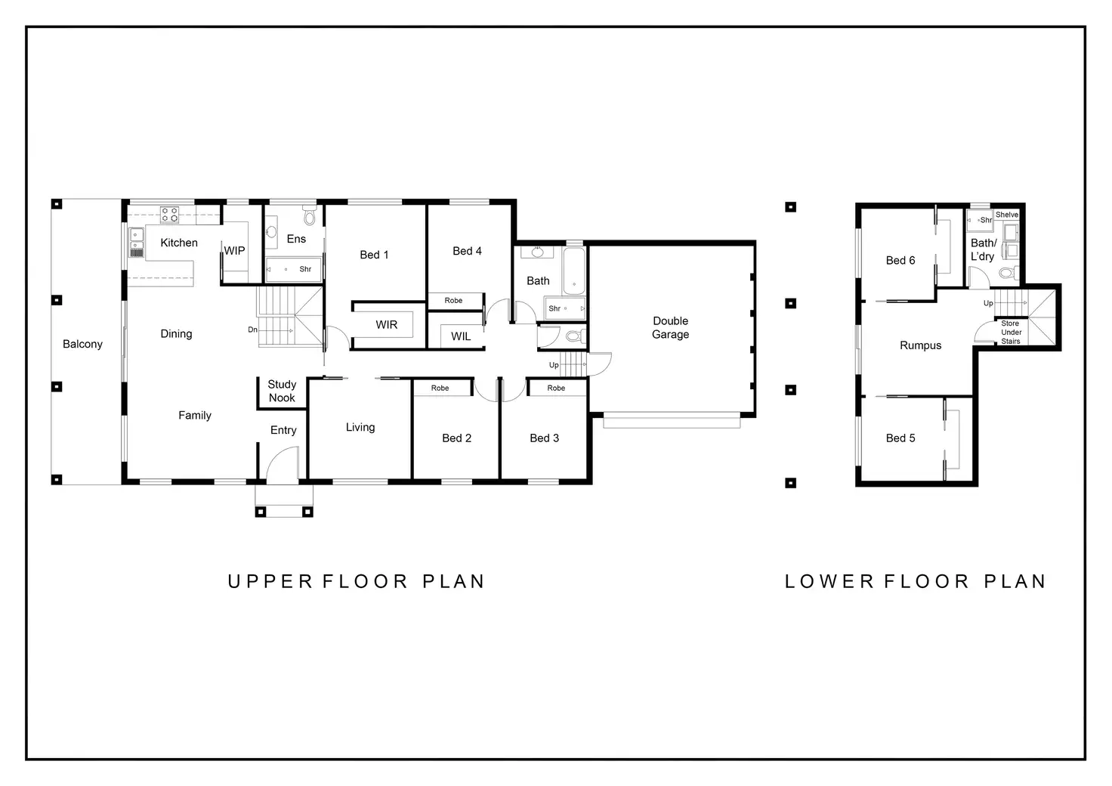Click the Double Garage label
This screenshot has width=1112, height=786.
coord(670,328)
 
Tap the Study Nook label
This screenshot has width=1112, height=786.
coord(282,391)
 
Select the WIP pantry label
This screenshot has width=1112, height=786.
coord(234,250)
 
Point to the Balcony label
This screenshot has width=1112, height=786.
coord(82,344)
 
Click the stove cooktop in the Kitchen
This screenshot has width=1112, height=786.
coord(169,215)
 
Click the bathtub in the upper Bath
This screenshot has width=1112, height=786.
coord(574,271)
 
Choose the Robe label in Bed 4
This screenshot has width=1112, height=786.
coord(453,300)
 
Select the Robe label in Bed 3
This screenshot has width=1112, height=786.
coord(556,388)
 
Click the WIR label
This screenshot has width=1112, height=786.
coord(386,325)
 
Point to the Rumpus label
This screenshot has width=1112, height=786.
coord(920,345)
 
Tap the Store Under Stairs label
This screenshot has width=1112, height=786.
coord(1011,333)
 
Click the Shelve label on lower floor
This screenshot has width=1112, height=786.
coord(1007,215)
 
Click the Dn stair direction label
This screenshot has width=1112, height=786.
coord(252,330)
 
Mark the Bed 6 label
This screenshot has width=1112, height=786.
coord(900,260)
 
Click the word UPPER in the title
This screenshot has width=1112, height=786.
coord(270,581)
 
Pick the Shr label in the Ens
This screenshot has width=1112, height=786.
coord(304,269)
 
